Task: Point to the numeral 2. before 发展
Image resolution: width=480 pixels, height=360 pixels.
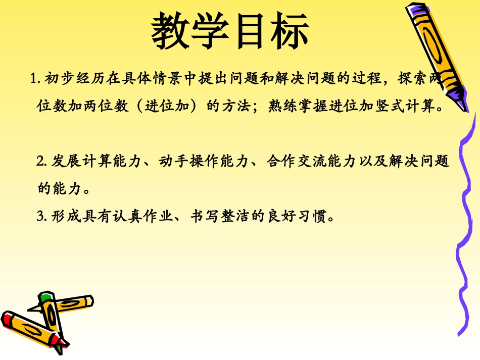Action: click(x=42, y=162)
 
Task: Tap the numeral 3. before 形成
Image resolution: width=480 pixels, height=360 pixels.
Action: click(x=42, y=217)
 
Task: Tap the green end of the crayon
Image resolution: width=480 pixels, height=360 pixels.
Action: click(x=46, y=297)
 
